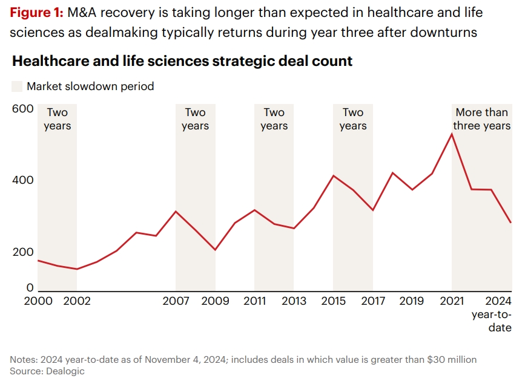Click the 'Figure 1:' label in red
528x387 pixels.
tap(37, 13)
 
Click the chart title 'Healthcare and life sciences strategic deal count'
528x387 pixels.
tap(182, 61)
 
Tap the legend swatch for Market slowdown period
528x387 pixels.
tap(17, 86)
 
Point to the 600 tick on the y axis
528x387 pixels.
tap(23, 109)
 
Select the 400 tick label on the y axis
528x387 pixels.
tap(23, 180)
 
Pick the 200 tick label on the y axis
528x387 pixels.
tap(23, 252)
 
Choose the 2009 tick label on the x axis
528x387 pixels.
tap(215, 301)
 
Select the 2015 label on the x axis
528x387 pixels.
tap(333, 301)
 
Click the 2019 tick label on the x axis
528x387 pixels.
tap(412, 301)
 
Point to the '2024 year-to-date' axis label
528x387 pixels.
tap(492, 314)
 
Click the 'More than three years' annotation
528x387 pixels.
tap(482, 119)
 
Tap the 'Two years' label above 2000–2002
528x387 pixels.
tap(58, 119)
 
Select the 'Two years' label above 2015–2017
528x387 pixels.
tap(353, 119)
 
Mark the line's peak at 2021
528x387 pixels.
tap(452, 134)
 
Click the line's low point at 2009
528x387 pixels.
tap(215, 250)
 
